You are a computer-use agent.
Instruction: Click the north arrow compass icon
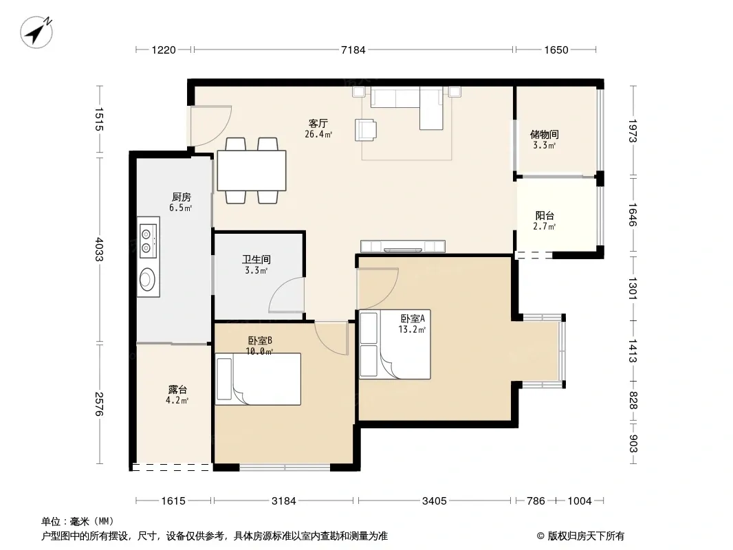[36, 32]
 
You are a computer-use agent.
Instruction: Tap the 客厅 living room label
[318, 123]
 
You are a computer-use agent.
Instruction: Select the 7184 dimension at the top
[353, 49]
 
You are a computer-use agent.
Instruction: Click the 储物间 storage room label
[544, 135]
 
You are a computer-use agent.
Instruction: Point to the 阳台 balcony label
[545, 215]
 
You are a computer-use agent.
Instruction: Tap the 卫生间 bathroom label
[256, 259]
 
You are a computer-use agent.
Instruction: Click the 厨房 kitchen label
[181, 197]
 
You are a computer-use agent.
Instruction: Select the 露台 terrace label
[177, 390]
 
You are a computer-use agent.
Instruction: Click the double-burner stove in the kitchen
[148, 241]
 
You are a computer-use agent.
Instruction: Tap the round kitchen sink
[147, 278]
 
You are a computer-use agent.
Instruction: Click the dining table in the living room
[252, 170]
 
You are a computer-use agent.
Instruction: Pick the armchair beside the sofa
[366, 129]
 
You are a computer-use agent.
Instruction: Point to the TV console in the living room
[402, 246]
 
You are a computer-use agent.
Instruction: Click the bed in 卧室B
[258, 379]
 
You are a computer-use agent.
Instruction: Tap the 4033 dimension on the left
[99, 249]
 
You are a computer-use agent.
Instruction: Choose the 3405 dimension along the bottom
[435, 501]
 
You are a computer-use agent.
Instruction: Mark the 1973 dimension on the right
[633, 131]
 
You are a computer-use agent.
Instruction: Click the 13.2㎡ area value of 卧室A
[412, 329]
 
